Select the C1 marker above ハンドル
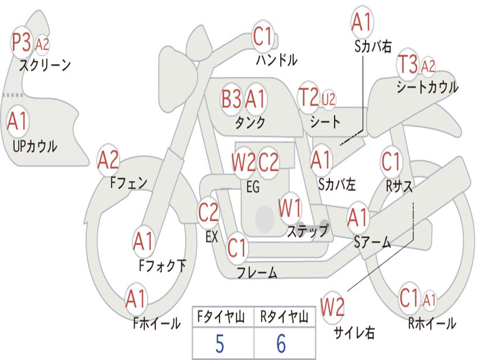[262, 36]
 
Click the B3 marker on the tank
[232, 99]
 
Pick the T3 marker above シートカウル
[407, 65]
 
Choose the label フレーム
[257, 273]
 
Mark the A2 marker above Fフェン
[108, 161]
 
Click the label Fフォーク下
[162, 266]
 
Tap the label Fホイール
[157, 323]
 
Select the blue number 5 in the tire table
[219, 344]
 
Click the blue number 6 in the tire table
[281, 344]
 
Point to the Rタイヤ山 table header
[284, 318]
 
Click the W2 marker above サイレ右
[333, 307]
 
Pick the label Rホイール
[432, 323]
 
